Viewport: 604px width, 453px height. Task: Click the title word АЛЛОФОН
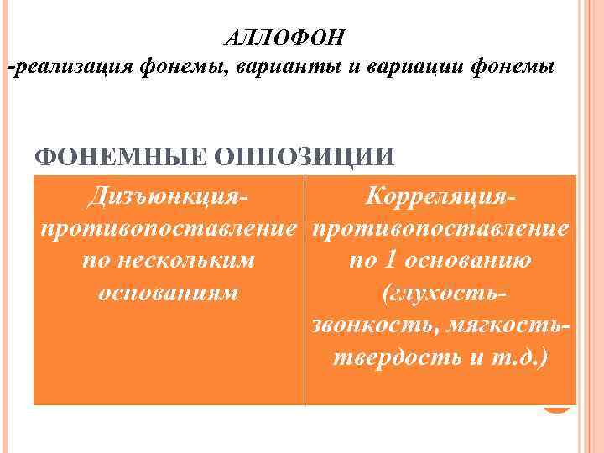(285, 39)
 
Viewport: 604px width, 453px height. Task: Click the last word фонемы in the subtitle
(512, 68)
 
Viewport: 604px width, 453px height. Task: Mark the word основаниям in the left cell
(169, 293)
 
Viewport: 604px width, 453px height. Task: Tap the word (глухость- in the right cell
(441, 293)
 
